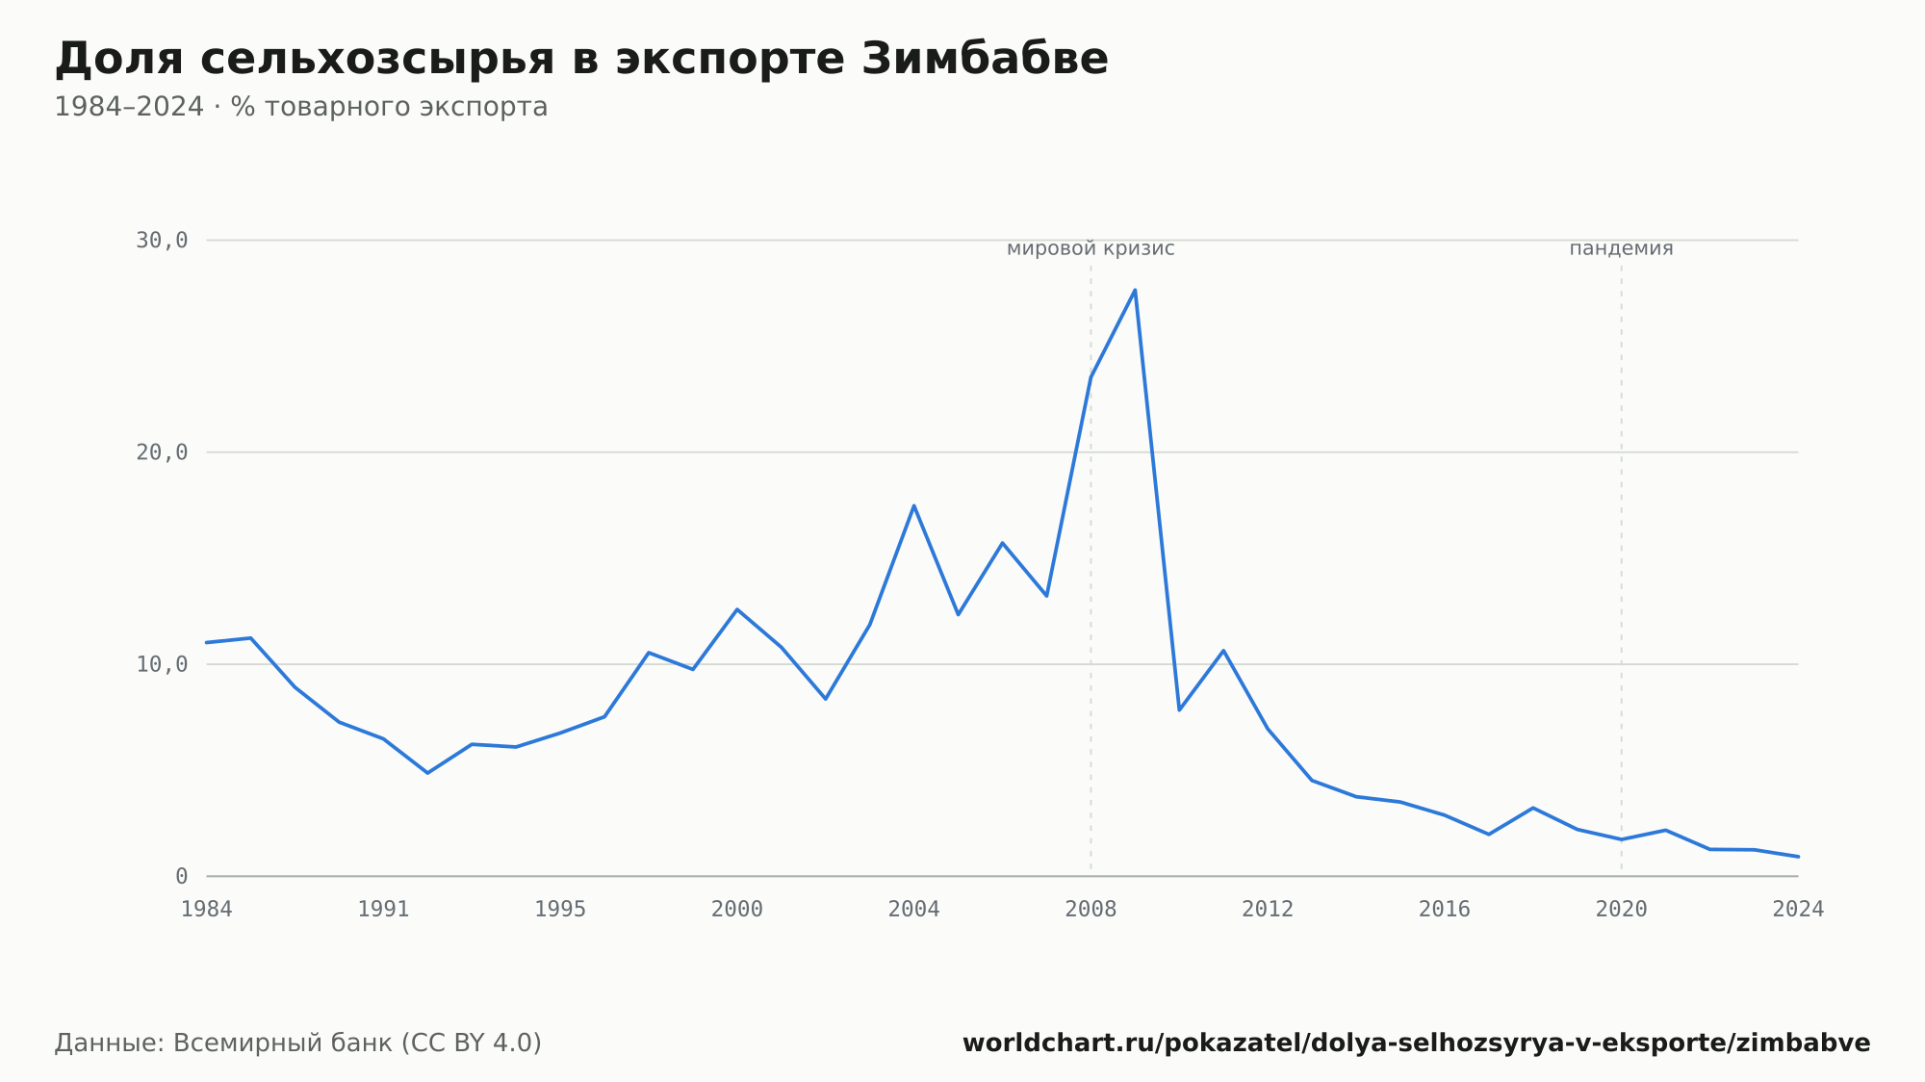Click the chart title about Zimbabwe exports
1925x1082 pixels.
581,59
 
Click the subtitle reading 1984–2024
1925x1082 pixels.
300,107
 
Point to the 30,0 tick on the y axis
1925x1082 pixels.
162,241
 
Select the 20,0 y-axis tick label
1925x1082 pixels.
162,452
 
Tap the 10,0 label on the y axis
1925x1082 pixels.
162,664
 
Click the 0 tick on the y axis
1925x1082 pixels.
181,876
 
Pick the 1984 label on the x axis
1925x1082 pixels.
207,910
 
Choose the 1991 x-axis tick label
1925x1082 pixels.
383,910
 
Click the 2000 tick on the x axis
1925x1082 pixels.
737,910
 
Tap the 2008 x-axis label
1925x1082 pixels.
1091,910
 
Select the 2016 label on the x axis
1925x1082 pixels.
1445,910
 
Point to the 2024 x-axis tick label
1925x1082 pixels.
1798,910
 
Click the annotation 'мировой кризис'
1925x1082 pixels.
1091,248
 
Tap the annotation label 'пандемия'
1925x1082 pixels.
1621,248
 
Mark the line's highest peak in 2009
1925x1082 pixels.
1135,290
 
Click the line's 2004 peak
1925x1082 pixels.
913,505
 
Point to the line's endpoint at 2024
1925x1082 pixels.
1798,856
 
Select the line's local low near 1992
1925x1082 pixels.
427,773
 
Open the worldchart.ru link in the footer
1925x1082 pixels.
1417,1043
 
